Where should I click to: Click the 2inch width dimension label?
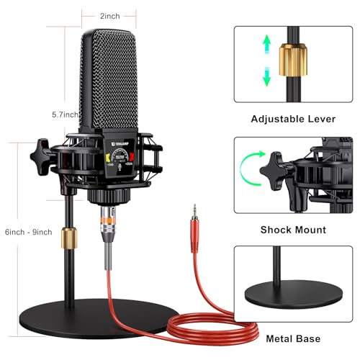[110, 15]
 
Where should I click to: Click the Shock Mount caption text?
[292, 230]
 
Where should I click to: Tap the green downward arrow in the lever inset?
[266, 74]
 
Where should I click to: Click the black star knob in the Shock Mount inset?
[278, 172]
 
